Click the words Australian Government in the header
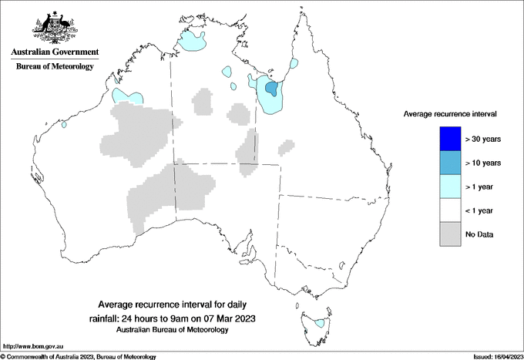click(55, 52)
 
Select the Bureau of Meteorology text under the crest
click(55, 66)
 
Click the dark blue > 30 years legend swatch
click(449, 139)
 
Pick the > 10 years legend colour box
click(449, 163)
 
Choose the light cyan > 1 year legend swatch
click(449, 187)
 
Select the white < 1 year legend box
click(449, 210)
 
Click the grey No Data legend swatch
click(449, 234)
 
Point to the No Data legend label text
click(480, 234)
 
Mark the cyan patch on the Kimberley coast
click(128, 97)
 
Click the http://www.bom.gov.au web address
click(33, 348)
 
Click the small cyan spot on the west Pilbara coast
click(64, 124)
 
